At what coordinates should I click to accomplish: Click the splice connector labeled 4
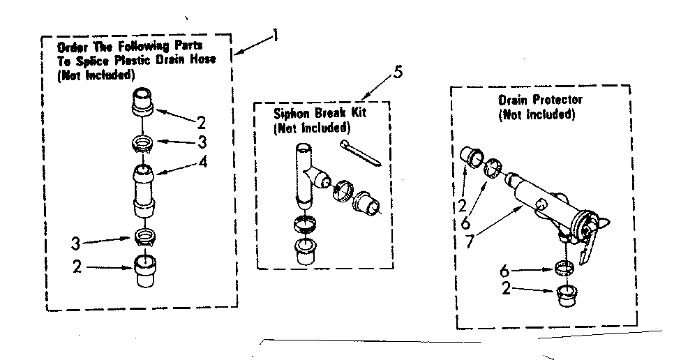coord(143,188)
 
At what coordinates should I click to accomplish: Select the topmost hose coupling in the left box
coord(142,102)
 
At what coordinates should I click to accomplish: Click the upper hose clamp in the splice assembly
coord(142,144)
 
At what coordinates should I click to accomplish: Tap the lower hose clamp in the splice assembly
coord(142,236)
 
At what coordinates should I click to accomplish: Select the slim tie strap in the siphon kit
coord(361,153)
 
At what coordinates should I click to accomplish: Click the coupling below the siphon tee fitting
coord(304,250)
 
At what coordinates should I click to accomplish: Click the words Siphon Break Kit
coord(320,113)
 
